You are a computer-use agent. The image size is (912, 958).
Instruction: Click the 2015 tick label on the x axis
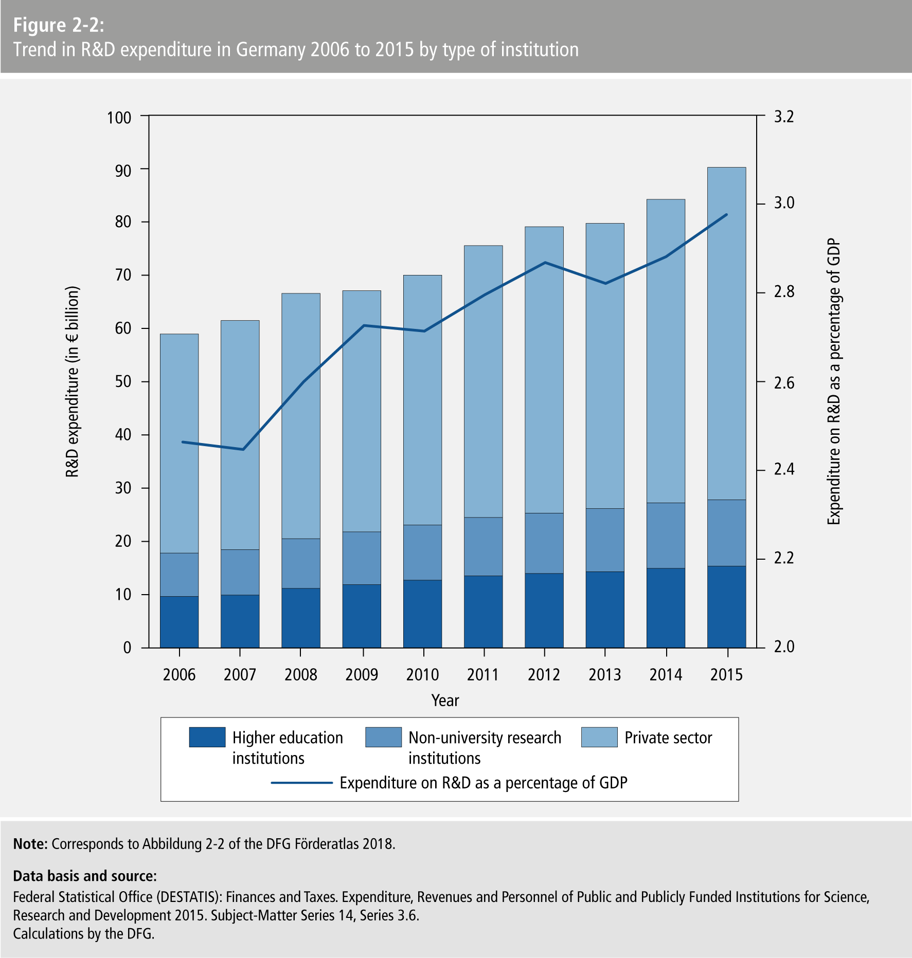726,674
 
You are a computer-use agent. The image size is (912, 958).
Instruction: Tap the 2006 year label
179,674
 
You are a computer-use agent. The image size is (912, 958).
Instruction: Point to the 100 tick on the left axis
119,118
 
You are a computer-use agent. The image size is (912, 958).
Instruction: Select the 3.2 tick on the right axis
784,117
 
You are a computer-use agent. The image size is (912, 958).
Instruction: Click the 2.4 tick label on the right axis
784,469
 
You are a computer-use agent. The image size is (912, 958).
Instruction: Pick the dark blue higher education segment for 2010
422,614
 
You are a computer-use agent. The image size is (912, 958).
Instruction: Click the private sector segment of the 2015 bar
726,334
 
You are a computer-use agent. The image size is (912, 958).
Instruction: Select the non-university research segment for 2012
544,543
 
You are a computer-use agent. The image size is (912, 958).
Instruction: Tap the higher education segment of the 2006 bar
179,622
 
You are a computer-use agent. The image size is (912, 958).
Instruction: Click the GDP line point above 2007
243,450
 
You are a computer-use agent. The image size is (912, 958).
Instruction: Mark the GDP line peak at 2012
545,263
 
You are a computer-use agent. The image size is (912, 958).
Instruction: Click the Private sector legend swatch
599,737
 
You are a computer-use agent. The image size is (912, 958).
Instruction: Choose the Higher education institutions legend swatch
207,737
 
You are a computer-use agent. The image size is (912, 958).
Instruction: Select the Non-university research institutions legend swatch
383,737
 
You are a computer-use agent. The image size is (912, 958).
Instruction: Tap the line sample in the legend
302,783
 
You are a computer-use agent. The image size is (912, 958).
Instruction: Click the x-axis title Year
445,701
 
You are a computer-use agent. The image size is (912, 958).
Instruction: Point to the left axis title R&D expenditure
72,381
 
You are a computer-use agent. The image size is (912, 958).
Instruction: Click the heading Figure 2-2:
59,25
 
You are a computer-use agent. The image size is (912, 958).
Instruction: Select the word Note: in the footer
30,844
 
